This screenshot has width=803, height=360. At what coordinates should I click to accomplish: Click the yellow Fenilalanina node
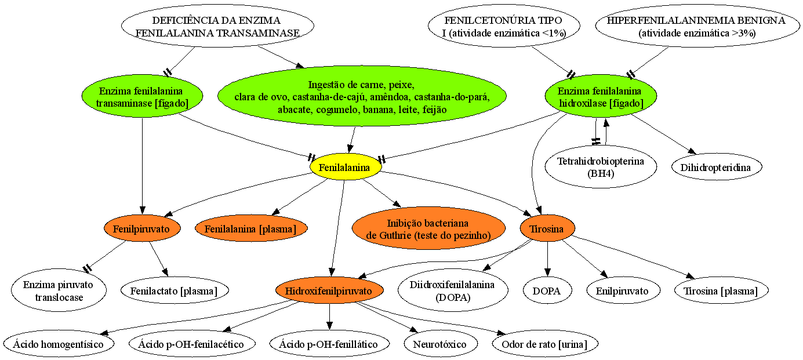pyautogui.click(x=345, y=167)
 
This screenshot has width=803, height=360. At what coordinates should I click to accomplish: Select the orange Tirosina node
pyautogui.click(x=547, y=228)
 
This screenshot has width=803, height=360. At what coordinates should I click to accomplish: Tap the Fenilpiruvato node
pyautogui.click(x=142, y=228)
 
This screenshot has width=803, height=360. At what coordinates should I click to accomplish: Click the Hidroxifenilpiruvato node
pyautogui.click(x=329, y=290)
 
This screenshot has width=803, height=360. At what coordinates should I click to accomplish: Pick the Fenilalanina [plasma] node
pyautogui.click(x=251, y=228)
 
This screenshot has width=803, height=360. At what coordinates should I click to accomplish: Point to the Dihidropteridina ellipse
pyautogui.click(x=716, y=167)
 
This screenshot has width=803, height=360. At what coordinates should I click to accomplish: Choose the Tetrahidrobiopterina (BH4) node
pyautogui.click(x=601, y=167)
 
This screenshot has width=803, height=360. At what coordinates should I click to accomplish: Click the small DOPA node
pyautogui.click(x=547, y=290)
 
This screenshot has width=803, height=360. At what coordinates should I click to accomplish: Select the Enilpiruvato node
pyautogui.click(x=623, y=290)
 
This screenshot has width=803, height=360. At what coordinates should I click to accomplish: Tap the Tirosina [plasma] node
pyautogui.click(x=721, y=290)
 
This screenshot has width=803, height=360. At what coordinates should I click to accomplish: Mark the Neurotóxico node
pyautogui.click(x=441, y=344)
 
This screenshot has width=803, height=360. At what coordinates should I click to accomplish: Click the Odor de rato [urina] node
pyautogui.click(x=545, y=344)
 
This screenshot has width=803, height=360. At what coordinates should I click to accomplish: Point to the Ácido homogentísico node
pyautogui.click(x=59, y=344)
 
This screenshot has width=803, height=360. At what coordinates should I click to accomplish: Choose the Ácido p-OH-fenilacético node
pyautogui.click(x=192, y=344)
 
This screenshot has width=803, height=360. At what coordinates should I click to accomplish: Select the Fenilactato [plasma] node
pyautogui.click(x=175, y=290)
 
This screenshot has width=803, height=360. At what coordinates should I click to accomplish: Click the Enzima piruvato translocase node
pyautogui.click(x=59, y=290)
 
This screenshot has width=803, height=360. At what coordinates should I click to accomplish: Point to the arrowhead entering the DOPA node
pyautogui.click(x=547, y=272)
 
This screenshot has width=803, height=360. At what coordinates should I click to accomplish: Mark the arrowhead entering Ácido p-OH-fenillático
pyautogui.click(x=330, y=326)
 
